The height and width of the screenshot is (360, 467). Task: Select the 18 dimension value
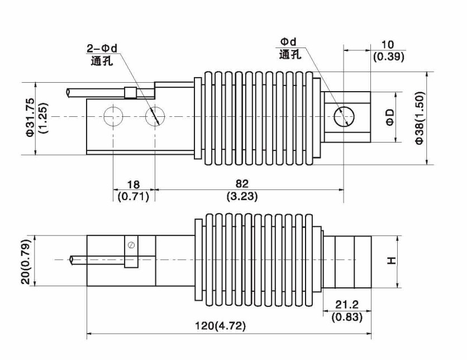tap(133, 184)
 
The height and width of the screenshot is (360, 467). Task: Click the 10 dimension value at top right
tap(388, 45)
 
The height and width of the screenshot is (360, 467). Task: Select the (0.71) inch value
tap(133, 196)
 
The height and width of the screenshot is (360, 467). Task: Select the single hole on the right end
tap(343, 117)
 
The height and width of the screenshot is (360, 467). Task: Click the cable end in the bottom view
tap(71, 260)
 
